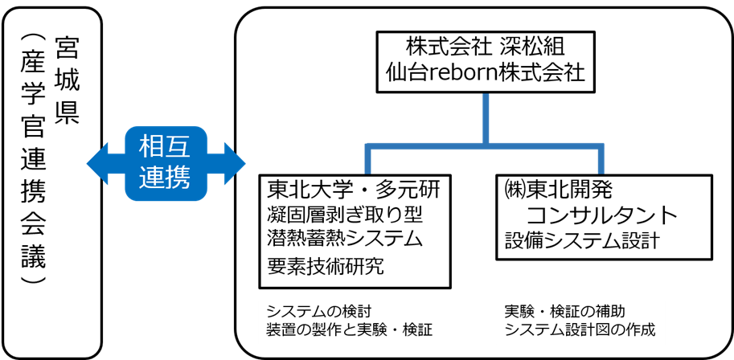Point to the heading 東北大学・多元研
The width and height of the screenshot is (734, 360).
(354, 190)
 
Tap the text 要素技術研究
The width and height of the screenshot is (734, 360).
(325, 265)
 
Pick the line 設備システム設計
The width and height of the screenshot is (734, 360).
(582, 239)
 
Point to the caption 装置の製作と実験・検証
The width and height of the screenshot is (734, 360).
(349, 329)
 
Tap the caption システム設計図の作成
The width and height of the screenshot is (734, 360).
(580, 329)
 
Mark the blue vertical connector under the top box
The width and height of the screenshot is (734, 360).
(486, 119)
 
